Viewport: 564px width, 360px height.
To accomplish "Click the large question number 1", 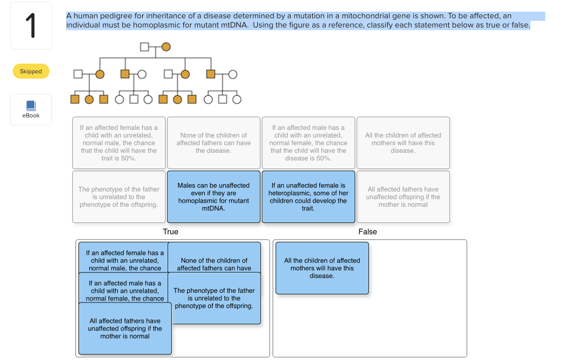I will [x=31, y=26].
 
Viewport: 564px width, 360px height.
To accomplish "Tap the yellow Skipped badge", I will [x=31, y=71].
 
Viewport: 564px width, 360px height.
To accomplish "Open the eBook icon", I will [x=31, y=107].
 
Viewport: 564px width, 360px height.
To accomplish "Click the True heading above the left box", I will [x=171, y=232].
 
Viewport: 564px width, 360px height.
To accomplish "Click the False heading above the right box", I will [x=367, y=232].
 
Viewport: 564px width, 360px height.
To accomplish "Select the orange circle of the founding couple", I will [x=165, y=47].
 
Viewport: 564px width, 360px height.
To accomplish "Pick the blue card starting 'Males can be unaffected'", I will [x=214, y=197].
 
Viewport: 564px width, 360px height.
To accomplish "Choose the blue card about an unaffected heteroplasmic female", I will [x=308, y=197].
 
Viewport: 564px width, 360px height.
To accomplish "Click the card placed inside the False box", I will [x=322, y=268].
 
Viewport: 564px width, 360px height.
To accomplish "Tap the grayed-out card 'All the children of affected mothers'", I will [x=403, y=143].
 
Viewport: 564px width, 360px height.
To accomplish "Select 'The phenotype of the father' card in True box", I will [x=214, y=298].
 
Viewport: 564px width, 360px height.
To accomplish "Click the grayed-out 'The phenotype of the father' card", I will [x=119, y=197].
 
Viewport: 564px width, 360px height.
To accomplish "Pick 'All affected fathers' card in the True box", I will [x=125, y=328].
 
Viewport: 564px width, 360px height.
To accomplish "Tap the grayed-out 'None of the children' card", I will [x=214, y=143].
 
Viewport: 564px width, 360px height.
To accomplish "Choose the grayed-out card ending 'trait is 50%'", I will [x=119, y=143].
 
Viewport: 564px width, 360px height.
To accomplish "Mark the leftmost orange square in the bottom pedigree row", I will [x=75, y=100].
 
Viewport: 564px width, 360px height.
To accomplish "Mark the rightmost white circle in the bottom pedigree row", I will [x=237, y=100].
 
